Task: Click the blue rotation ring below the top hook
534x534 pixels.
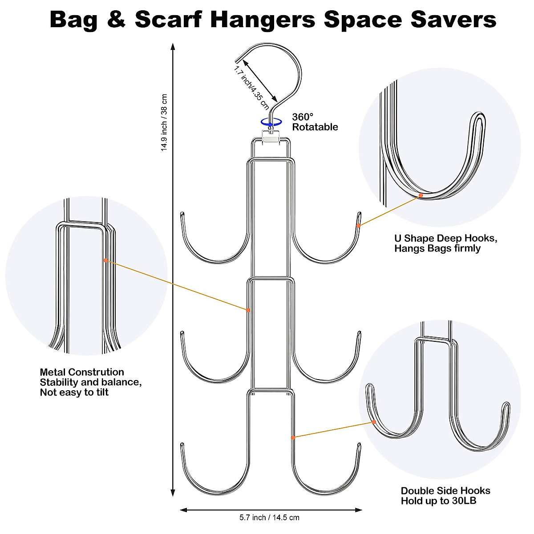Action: point(271,121)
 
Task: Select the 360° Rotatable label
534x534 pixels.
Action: point(315,122)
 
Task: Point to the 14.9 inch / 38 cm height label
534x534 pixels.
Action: point(164,122)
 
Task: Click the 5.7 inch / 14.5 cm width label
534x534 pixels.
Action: point(269,518)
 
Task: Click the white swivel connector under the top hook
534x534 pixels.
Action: point(271,137)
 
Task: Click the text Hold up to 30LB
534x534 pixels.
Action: point(439,501)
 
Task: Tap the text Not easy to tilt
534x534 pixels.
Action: point(74,392)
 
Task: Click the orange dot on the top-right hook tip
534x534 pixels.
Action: point(359,226)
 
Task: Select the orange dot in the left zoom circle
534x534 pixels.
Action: point(105,260)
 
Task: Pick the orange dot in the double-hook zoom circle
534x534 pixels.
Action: point(374,422)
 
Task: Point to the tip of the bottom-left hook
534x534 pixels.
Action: point(182,444)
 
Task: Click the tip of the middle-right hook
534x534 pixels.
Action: point(359,332)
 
